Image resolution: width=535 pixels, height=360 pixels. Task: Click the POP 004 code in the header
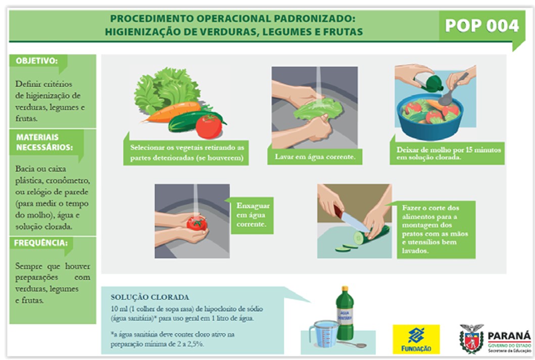(482, 26)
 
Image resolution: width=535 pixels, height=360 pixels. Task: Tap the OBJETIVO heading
(36, 61)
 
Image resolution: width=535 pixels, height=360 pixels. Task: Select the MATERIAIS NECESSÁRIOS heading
(44, 142)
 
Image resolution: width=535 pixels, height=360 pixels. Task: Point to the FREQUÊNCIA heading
(40, 243)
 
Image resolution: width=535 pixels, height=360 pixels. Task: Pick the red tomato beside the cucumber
(209, 127)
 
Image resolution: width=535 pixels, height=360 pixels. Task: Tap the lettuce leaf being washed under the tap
(315, 109)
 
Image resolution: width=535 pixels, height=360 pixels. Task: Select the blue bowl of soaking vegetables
(430, 118)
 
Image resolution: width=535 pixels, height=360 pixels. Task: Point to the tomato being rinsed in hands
(197, 222)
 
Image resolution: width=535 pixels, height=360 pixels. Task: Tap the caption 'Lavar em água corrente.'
(315, 157)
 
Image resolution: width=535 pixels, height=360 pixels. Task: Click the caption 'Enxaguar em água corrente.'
(253, 215)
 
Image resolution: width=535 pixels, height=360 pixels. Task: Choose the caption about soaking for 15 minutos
(448, 153)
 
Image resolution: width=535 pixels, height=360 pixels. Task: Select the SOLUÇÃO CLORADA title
(150, 297)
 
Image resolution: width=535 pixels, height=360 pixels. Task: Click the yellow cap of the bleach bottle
(345, 289)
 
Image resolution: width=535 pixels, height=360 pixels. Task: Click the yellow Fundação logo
(416, 339)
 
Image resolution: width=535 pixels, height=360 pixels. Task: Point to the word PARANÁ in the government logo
(509, 336)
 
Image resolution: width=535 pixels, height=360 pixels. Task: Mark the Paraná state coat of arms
(472, 338)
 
